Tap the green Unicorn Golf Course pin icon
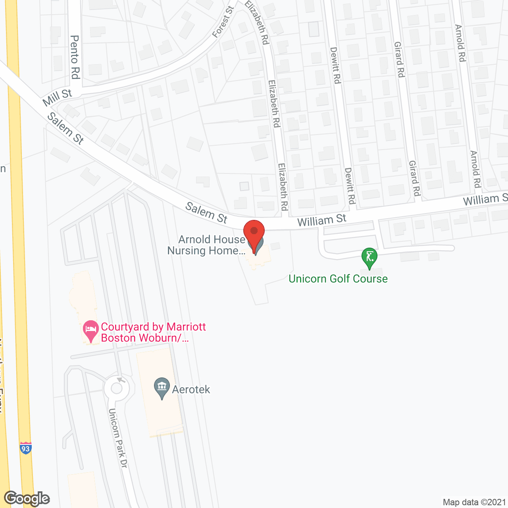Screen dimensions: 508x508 369,257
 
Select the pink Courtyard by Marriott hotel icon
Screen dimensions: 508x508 91,330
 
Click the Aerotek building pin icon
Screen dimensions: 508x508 162,387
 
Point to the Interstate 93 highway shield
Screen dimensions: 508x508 25,448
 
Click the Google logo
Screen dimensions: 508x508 27,498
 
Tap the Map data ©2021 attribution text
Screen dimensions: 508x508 474,502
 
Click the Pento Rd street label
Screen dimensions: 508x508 75,57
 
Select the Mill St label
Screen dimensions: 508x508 58,97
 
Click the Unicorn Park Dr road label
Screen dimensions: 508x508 117,438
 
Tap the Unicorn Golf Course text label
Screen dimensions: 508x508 338,279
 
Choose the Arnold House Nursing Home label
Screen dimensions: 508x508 206,245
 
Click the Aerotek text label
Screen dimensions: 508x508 191,389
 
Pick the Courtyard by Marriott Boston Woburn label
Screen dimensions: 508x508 153,332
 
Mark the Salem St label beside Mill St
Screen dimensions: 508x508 65,128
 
